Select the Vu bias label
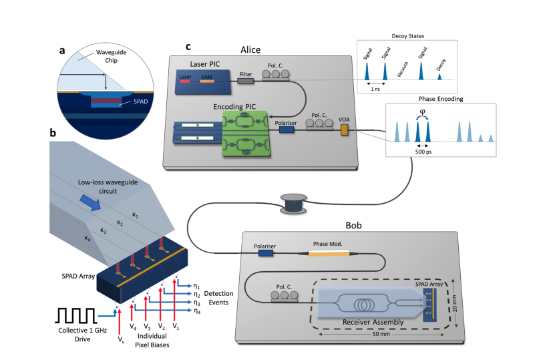120,340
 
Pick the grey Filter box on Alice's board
245,81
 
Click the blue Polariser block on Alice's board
287,130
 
